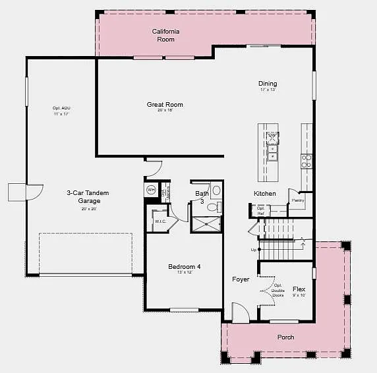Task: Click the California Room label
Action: pyautogui.click(x=165, y=36)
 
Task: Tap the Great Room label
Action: pyautogui.click(x=165, y=105)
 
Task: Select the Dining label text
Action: pyautogui.click(x=268, y=84)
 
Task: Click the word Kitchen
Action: pyautogui.click(x=265, y=193)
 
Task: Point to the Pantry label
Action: pyautogui.click(x=298, y=200)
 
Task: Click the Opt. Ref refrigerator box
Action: pyautogui.click(x=260, y=211)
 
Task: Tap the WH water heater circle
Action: pyautogui.click(x=151, y=190)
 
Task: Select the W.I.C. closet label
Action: pyautogui.click(x=160, y=221)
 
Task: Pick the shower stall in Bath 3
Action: pyautogui.click(x=205, y=224)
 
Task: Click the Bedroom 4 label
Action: pyautogui.click(x=184, y=267)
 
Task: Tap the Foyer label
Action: pyautogui.click(x=241, y=279)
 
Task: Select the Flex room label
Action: pyautogui.click(x=299, y=289)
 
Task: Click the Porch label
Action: pyautogui.click(x=285, y=337)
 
